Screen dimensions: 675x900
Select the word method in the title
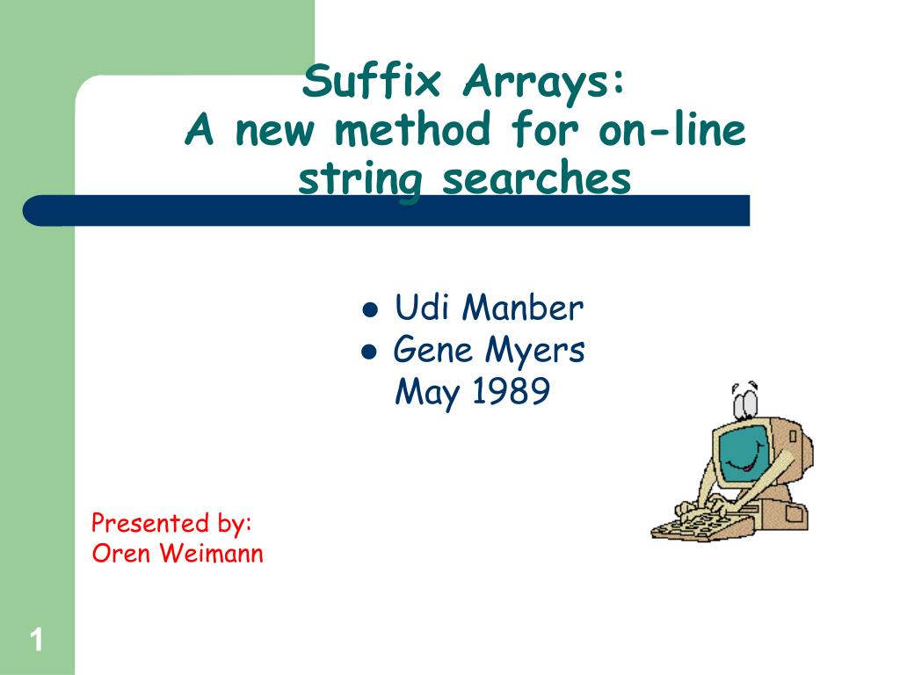coord(412,132)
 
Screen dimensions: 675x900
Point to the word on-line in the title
coord(671,132)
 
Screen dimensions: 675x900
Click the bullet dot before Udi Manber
coord(370,310)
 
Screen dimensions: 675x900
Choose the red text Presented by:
coord(172,524)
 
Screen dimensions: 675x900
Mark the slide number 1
coord(36,640)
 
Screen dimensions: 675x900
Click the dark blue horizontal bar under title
coord(387,211)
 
